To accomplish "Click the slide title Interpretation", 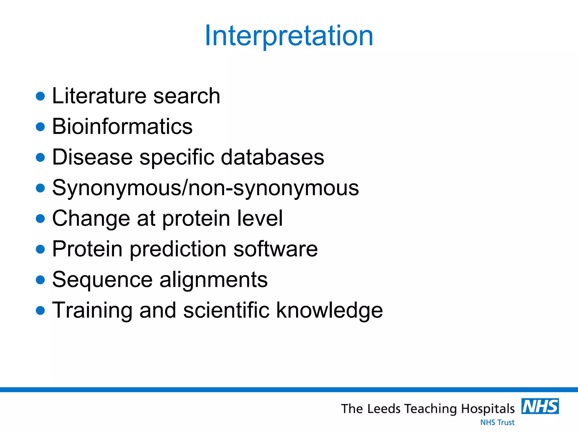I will [x=289, y=36].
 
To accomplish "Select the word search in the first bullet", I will [x=187, y=96].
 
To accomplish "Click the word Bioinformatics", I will [x=122, y=126].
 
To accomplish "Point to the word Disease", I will [x=92, y=157].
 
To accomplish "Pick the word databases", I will [x=272, y=157].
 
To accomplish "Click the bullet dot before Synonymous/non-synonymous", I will [x=41, y=188].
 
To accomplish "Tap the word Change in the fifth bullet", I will [x=91, y=218].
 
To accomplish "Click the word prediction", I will [x=178, y=249].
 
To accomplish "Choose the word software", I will [x=275, y=249].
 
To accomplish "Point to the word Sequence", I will [x=102, y=280].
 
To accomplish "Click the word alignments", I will [x=214, y=280].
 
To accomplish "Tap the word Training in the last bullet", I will [x=92, y=310].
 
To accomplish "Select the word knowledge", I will [x=329, y=310].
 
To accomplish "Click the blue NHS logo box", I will [x=540, y=406].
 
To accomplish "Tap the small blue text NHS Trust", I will [x=497, y=422].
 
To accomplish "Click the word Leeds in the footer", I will [x=384, y=409].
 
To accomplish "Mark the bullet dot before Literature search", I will [x=41, y=96].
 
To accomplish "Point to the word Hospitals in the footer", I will [x=488, y=409].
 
